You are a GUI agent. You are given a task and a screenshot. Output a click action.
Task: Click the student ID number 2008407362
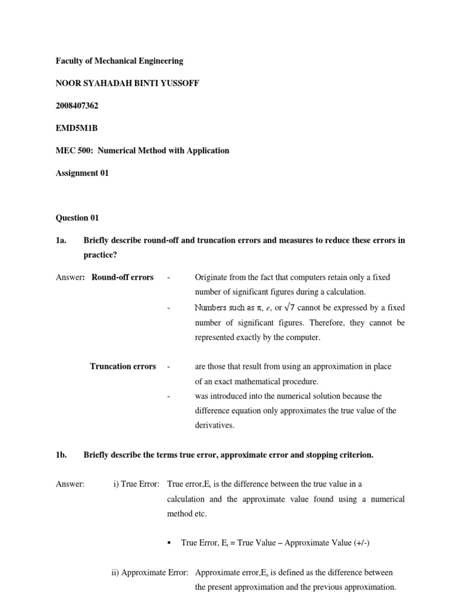click(x=77, y=106)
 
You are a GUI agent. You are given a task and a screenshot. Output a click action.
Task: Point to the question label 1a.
click(x=60, y=240)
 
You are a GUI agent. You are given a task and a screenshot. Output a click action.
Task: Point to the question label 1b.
click(x=61, y=455)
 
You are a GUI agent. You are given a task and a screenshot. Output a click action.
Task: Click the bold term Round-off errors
click(x=122, y=277)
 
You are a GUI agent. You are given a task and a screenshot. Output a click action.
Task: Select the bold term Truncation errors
click(x=123, y=366)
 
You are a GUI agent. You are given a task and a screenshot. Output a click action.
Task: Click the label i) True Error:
click(x=136, y=483)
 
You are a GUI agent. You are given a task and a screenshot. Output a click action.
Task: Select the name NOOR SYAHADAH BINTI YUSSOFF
click(x=127, y=83)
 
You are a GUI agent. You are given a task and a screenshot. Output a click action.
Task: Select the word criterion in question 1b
click(x=354, y=455)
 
